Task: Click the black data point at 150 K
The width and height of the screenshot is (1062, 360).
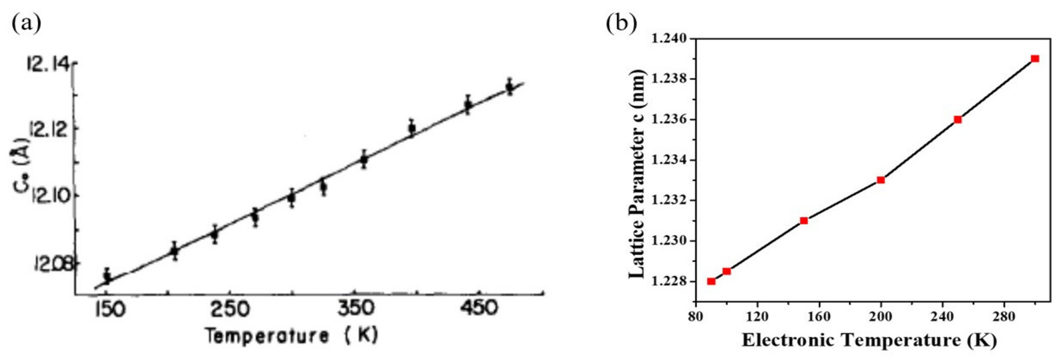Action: tap(107, 276)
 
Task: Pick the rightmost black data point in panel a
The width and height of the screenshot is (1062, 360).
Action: tap(510, 87)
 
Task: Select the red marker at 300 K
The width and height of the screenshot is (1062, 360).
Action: tap(1035, 58)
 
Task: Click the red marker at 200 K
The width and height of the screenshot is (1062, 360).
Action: tap(881, 180)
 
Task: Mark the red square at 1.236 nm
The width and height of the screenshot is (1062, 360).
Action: tap(958, 120)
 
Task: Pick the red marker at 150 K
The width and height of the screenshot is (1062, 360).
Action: tap(803, 221)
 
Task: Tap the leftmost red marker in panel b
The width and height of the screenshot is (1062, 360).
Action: tap(711, 281)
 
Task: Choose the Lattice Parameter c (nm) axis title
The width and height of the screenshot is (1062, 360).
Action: tap(636, 173)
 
